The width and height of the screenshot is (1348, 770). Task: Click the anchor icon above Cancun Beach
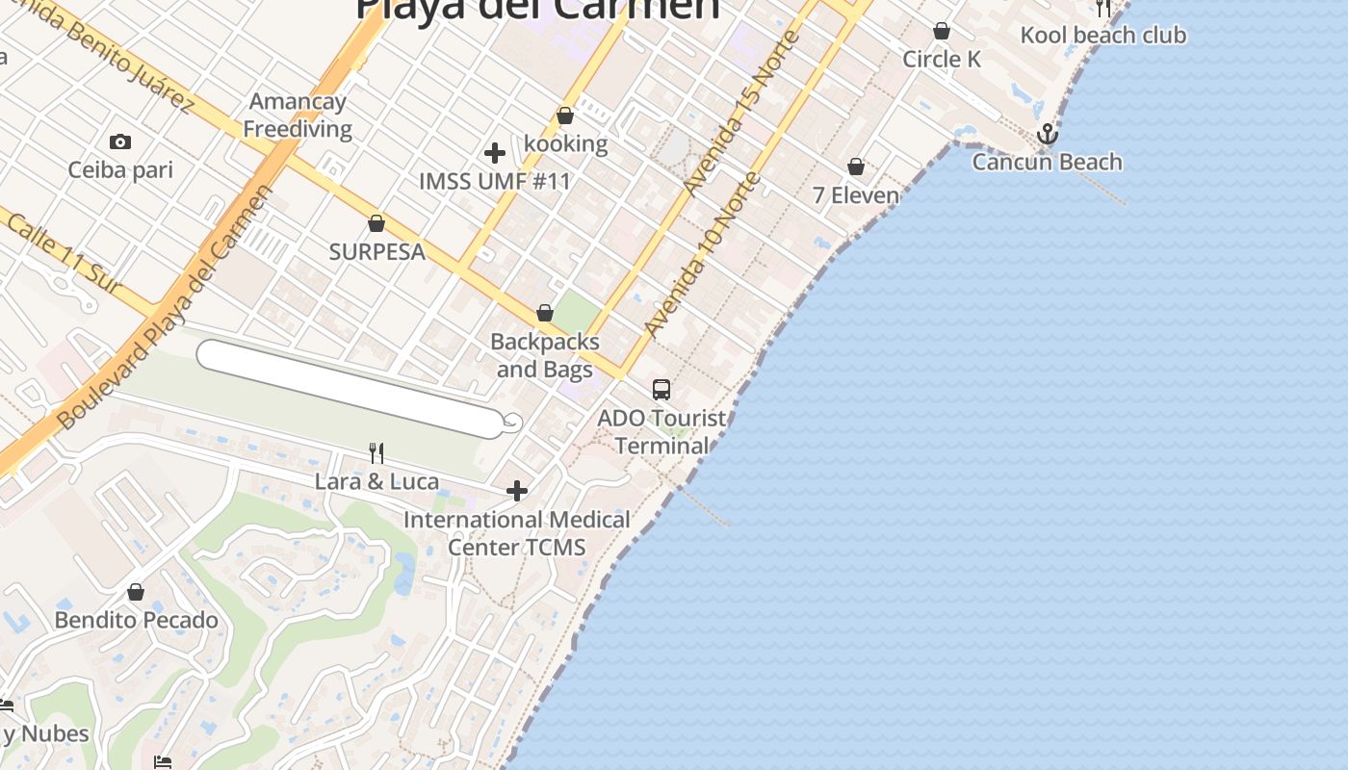pos(1048,135)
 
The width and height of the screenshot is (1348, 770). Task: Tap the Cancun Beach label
pos(1047,162)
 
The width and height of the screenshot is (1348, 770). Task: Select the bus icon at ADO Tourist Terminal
pos(661,390)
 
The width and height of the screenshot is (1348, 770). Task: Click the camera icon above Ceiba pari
pos(120,142)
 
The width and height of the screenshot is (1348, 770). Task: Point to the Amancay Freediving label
pos(298,115)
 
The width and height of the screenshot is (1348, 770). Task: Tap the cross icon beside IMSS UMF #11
pos(495,153)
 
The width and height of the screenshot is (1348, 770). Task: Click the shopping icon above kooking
pos(565,116)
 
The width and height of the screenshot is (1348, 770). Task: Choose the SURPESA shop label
pos(376,252)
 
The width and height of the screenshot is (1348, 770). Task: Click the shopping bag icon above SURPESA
pos(376,224)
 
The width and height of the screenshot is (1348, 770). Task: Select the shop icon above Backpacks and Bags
pos(545,314)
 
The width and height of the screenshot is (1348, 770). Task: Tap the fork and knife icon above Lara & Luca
pos(376,452)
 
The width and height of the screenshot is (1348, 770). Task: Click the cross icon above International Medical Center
pos(517,492)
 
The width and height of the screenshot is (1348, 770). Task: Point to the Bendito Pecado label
pos(136,620)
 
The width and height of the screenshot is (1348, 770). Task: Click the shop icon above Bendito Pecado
pos(136,592)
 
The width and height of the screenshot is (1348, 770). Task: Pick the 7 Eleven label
pos(856,195)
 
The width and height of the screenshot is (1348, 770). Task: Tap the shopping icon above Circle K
pos(942,32)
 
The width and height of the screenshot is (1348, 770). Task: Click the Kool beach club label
pos(1102,36)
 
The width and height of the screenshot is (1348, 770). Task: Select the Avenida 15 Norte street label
pos(743,108)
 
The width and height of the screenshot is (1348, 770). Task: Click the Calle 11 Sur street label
pos(64,252)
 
